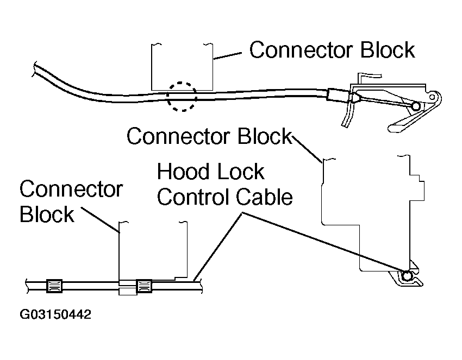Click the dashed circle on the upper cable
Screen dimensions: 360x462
181,97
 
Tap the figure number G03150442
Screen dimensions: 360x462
55,315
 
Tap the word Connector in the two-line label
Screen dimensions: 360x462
71,190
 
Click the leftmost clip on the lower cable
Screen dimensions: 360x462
54,285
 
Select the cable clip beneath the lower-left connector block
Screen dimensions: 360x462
144,286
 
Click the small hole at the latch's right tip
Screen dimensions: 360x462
433,98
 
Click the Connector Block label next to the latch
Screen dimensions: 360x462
332,50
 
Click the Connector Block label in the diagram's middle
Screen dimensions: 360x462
209,136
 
